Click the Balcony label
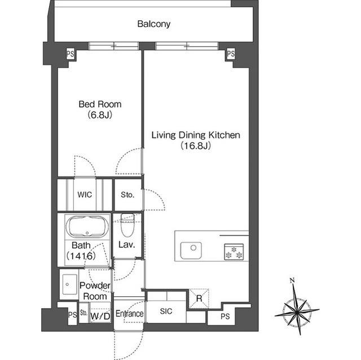[154, 24]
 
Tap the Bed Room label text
[100, 104]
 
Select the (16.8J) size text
[196, 145]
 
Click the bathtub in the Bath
[87, 226]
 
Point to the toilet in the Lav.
[127, 225]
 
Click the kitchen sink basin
[191, 250]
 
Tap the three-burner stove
[234, 252]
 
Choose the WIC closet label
[85, 195]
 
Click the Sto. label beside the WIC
[127, 195]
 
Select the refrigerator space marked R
[199, 299]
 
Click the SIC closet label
[166, 311]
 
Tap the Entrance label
[129, 314]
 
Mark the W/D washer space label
[100, 316]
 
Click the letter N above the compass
[292, 280]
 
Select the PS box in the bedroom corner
[71, 54]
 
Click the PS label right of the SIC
[225, 317]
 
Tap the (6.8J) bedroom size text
[100, 115]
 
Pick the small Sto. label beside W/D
[84, 313]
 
